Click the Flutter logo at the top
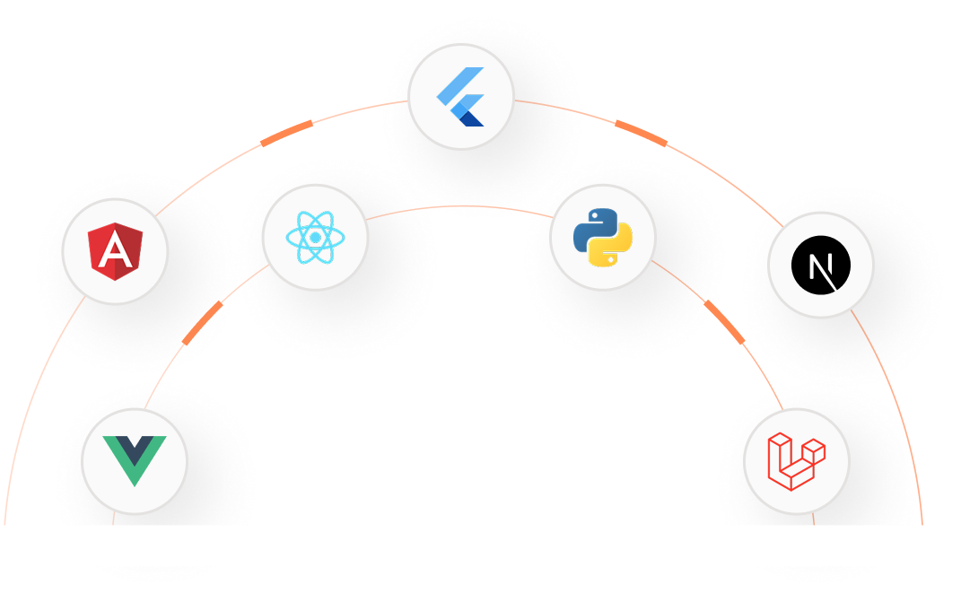pos(460,96)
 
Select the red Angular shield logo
pos(115,251)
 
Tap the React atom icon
pos(315,237)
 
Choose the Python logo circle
pos(602,237)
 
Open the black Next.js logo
pos(820,266)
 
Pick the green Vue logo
pos(134,460)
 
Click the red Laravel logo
pos(796,461)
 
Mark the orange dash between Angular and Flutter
pos(286,133)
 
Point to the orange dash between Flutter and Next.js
pos(641,133)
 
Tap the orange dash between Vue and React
pos(202,323)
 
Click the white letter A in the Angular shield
pos(115,251)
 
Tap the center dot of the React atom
pos(315,238)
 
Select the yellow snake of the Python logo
pos(614,249)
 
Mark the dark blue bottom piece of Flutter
pos(471,118)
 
